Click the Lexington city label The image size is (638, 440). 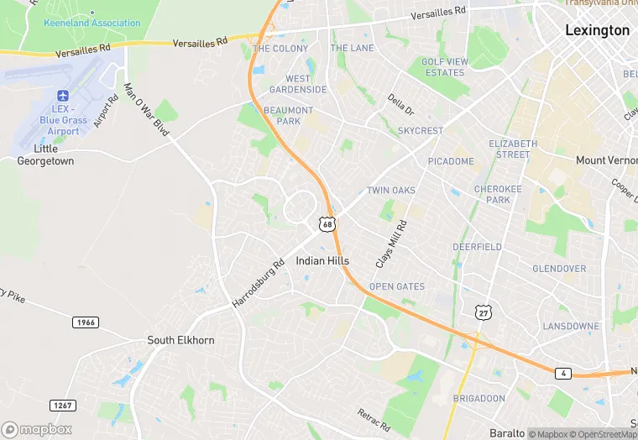597,30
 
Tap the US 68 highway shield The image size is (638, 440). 327,223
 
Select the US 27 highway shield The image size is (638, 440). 483,312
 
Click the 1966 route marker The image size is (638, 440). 85,322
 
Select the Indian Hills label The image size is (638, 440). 322,261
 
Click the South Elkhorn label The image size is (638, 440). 180,340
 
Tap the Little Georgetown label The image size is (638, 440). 46,155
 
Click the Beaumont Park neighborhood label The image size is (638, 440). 288,116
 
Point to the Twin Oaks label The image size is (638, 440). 391,191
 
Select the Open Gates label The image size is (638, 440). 397,286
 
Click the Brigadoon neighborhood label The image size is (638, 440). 479,397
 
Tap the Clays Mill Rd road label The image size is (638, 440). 391,244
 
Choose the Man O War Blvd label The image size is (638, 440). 147,109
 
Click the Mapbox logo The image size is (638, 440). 37,429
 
